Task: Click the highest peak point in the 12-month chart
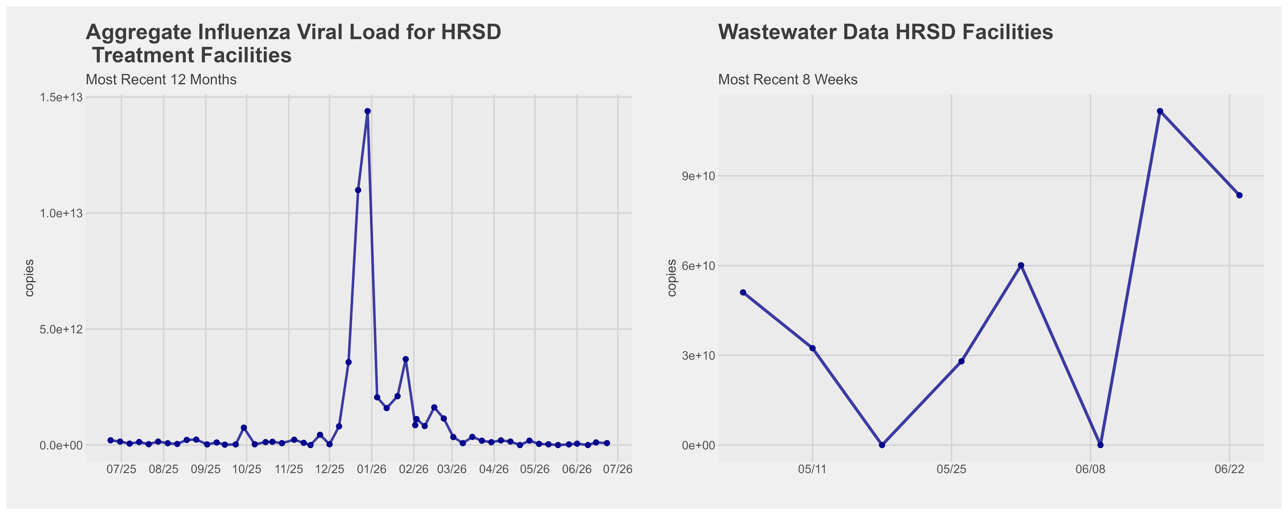[x=368, y=111]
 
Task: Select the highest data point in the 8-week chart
[x=1160, y=111]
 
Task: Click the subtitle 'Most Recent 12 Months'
[x=161, y=79]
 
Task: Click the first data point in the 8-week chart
[x=743, y=293]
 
